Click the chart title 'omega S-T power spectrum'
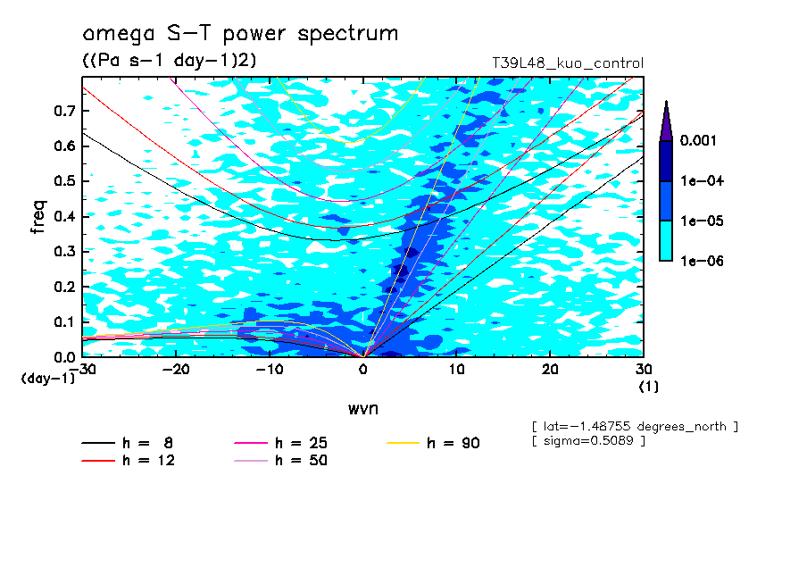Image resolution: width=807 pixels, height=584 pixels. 240,34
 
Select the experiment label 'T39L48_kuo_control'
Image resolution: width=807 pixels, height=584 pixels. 568,63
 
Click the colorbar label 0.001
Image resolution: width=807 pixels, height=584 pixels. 701,141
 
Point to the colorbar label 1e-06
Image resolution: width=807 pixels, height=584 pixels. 703,261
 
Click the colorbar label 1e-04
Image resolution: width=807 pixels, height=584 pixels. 703,181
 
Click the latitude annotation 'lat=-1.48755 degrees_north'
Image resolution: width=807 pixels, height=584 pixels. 635,426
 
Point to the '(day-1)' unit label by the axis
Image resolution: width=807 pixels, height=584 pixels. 48,379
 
